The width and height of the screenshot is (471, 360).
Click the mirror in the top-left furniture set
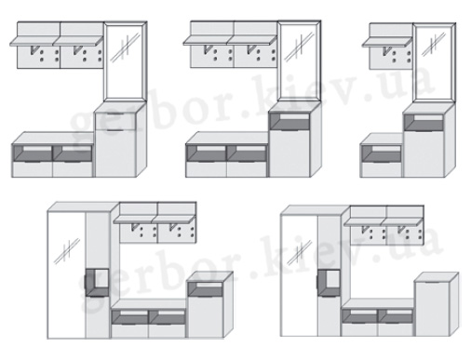point(125,60)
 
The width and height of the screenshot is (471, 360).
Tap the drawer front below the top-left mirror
point(115,122)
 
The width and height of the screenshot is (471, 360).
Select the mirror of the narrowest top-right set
point(434,61)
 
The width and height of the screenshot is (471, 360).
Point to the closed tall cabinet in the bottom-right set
point(431,308)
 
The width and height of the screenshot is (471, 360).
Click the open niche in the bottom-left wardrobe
point(97,282)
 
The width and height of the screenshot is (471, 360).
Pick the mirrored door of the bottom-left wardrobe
point(66,275)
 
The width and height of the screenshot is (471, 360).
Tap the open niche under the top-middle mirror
point(289,122)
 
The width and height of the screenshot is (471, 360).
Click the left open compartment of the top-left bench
point(33,153)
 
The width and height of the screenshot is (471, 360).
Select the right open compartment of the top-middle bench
point(247,153)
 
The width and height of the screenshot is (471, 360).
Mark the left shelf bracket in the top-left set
point(34,50)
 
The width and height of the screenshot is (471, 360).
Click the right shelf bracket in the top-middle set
point(251,49)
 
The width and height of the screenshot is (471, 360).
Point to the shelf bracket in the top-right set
point(387,51)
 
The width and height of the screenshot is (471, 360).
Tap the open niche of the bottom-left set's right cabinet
point(206,289)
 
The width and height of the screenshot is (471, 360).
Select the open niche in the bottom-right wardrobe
point(330,283)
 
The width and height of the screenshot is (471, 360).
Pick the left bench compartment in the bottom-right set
point(359,316)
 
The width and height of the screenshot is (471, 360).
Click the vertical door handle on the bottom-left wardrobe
point(85,283)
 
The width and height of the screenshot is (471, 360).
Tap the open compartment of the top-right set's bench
point(382,153)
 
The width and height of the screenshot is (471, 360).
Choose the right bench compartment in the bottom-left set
point(168,317)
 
